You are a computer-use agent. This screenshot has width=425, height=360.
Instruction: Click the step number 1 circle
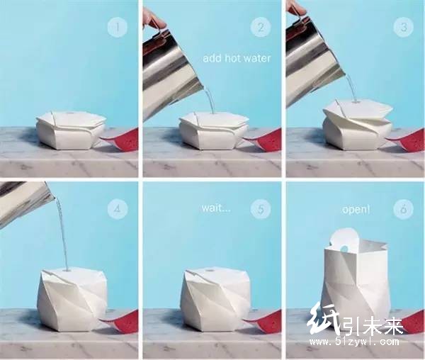pyautogui.click(x=118, y=27)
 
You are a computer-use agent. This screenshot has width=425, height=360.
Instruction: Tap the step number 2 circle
pyautogui.click(x=261, y=27)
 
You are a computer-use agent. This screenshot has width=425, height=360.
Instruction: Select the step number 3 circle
pyautogui.click(x=404, y=27)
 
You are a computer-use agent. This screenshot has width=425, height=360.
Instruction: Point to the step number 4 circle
pyautogui.click(x=118, y=209)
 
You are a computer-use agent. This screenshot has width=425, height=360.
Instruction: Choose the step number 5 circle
pyautogui.click(x=261, y=209)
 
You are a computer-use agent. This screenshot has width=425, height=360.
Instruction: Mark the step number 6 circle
pyautogui.click(x=404, y=209)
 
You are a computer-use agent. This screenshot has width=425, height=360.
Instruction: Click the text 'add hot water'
pyautogui.click(x=237, y=58)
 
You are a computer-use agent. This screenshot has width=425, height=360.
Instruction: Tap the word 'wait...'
pyautogui.click(x=216, y=208)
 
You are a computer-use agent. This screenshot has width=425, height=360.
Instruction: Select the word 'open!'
pyautogui.click(x=356, y=210)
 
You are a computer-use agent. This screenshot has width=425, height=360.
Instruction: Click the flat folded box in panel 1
pyautogui.click(x=70, y=130)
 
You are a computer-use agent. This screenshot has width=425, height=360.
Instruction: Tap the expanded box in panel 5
pyautogui.click(x=215, y=300)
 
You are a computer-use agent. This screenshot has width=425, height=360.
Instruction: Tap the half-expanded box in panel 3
pyautogui.click(x=358, y=125)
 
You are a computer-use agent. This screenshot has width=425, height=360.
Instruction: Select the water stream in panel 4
pyautogui.click(x=62, y=233)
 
